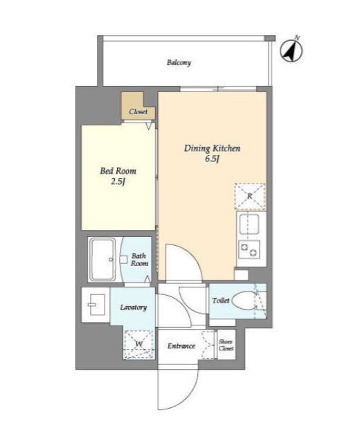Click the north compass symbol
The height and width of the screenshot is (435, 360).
(291, 51)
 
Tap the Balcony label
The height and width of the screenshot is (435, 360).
(179, 62)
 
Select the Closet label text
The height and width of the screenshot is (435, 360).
(138, 112)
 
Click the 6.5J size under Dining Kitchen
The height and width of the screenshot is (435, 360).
(212, 159)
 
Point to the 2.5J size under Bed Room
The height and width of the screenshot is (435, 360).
(118, 181)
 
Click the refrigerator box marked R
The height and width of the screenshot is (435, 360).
(250, 197)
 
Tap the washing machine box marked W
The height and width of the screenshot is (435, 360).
(138, 345)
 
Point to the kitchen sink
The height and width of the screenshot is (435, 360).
(249, 224)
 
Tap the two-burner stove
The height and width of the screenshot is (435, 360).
(249, 249)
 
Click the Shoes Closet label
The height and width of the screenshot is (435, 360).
(226, 345)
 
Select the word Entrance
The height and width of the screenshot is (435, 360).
(181, 346)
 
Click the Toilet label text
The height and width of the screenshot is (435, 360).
(221, 301)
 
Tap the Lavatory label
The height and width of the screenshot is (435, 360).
(134, 308)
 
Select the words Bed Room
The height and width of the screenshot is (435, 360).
(118, 170)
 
